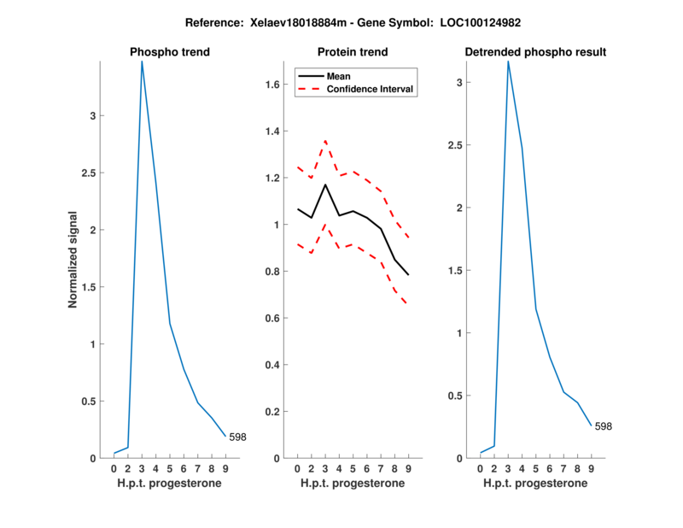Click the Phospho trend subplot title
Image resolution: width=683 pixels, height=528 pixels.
click(x=169, y=52)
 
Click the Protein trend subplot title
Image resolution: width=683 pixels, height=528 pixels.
click(x=353, y=52)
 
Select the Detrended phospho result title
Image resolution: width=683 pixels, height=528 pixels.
click(x=535, y=52)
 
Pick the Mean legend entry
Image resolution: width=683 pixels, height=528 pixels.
click(x=339, y=76)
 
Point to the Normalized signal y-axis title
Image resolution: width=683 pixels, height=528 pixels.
click(x=73, y=260)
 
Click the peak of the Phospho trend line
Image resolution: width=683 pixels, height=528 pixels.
click(x=142, y=61)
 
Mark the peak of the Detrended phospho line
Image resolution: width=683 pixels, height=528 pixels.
click(x=508, y=61)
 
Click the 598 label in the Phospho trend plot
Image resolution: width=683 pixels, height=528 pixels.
click(x=237, y=437)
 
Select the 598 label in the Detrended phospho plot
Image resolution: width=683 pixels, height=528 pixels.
click(x=603, y=426)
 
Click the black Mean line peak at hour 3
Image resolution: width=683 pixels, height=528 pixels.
click(x=325, y=185)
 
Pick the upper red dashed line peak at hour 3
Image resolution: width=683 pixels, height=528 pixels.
click(x=325, y=141)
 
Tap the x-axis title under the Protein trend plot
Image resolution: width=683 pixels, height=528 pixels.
click(x=353, y=484)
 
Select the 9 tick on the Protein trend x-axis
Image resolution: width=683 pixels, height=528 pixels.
click(x=408, y=468)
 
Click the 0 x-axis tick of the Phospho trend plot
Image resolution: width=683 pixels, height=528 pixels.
click(x=114, y=468)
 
